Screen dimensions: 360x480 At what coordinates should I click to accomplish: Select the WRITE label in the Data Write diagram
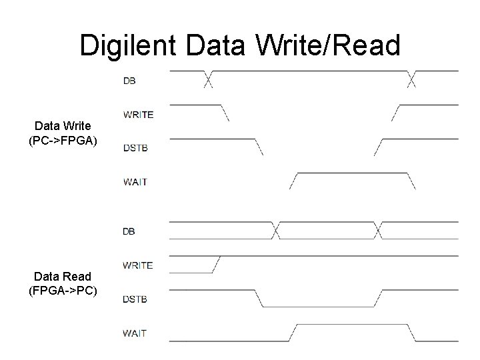pyautogui.click(x=138, y=114)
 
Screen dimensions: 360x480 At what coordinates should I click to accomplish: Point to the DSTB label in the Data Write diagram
pyautogui.click(x=135, y=147)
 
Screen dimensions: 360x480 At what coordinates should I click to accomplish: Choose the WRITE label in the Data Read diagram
pyautogui.click(x=137, y=265)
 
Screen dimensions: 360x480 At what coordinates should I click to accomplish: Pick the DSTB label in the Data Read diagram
pyautogui.click(x=135, y=298)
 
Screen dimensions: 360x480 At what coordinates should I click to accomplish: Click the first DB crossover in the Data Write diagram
pyautogui.click(x=208, y=79)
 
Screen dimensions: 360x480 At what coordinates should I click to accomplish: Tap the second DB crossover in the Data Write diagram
pyautogui.click(x=411, y=79)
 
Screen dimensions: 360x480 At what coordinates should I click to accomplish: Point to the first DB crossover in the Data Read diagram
pyautogui.click(x=274, y=231)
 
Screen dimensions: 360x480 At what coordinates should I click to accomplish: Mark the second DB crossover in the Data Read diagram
pyautogui.click(x=378, y=231)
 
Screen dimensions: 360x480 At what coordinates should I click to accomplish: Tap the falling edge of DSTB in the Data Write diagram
pyautogui.click(x=259, y=147)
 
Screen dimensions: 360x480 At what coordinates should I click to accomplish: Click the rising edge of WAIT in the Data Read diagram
pyautogui.click(x=291, y=333)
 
